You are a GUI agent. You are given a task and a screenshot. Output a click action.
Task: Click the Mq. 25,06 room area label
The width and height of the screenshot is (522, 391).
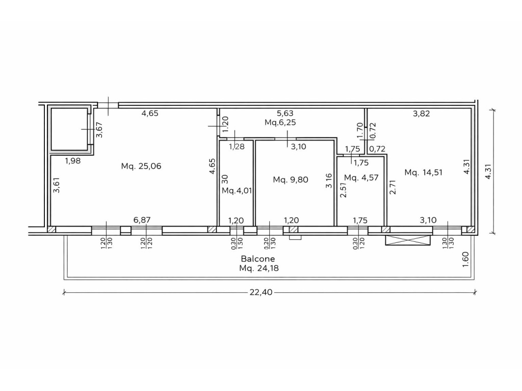coord(141,166)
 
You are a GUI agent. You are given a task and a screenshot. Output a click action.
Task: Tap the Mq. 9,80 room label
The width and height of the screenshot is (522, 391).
coord(290,180)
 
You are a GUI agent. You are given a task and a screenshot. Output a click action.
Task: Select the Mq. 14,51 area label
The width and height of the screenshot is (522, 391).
coord(424,172)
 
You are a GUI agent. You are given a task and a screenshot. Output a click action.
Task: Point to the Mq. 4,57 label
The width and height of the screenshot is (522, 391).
coord(361,178)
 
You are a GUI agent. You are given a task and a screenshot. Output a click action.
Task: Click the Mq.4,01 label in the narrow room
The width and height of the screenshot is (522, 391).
coord(237,191)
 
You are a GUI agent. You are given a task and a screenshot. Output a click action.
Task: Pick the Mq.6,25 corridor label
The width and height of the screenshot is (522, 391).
coord(280,122)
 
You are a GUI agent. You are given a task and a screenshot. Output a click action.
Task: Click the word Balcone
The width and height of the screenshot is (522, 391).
coord(258,259)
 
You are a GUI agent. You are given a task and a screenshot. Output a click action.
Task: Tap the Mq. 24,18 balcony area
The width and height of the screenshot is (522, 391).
coord(258,268)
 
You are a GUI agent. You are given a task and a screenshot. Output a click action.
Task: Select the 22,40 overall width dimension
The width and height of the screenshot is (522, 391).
coord(261,292)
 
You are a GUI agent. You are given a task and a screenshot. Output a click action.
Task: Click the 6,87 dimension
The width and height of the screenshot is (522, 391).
coord(142,220)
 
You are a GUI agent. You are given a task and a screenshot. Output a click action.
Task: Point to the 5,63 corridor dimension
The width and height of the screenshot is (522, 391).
coord(285,114)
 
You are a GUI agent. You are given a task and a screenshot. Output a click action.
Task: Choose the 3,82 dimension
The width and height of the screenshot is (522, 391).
coord(422,114)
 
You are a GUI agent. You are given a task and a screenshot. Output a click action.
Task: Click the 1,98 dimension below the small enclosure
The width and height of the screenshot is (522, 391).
coord(72,161)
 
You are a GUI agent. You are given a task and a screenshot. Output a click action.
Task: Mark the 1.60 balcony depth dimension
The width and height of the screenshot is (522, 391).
coord(466,259)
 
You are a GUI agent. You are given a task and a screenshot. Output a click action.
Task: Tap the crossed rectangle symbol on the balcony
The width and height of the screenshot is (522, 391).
coord(407,240)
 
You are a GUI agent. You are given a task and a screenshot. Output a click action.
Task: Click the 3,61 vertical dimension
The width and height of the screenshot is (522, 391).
coord(57,185)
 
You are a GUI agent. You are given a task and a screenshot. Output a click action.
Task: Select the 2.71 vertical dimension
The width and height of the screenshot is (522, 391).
coord(393,187)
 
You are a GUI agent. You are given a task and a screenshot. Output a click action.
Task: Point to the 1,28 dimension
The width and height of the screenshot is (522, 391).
coord(237,146)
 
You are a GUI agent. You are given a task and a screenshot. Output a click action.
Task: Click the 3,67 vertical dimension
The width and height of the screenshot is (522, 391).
coord(99,130)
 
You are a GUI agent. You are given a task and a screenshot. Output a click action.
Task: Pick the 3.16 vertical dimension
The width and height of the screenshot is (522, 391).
coord(329,181)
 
